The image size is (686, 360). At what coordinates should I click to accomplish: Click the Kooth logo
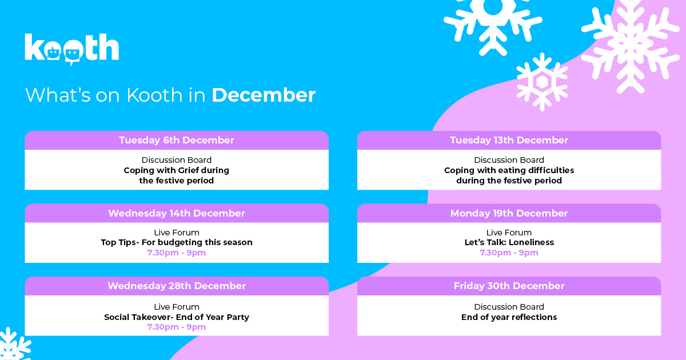click(71, 49)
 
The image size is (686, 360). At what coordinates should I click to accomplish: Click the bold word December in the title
click(264, 95)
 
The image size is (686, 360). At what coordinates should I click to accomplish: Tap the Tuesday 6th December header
click(177, 140)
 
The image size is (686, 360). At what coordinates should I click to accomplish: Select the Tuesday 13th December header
click(509, 140)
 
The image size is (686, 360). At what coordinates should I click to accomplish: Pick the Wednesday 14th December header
click(177, 213)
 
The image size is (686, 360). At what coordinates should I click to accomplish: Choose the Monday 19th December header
click(509, 213)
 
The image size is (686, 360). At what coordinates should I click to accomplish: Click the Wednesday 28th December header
click(177, 286)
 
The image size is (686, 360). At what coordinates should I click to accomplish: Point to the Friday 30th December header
click(509, 286)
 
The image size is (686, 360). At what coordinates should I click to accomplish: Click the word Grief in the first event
click(188, 170)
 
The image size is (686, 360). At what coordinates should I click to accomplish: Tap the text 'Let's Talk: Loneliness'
click(509, 242)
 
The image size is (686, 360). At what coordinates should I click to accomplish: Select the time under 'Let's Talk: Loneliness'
click(509, 253)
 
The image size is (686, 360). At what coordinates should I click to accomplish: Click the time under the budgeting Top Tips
click(177, 253)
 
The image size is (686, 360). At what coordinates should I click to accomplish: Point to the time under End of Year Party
click(177, 327)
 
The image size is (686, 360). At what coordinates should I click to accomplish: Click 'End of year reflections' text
click(509, 317)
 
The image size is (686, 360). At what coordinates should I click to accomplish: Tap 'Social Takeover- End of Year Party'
click(177, 317)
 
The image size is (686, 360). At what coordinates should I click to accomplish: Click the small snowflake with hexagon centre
click(542, 82)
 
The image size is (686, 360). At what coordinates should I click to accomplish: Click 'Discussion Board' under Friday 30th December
click(509, 307)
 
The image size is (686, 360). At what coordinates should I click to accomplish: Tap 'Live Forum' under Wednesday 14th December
click(177, 233)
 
